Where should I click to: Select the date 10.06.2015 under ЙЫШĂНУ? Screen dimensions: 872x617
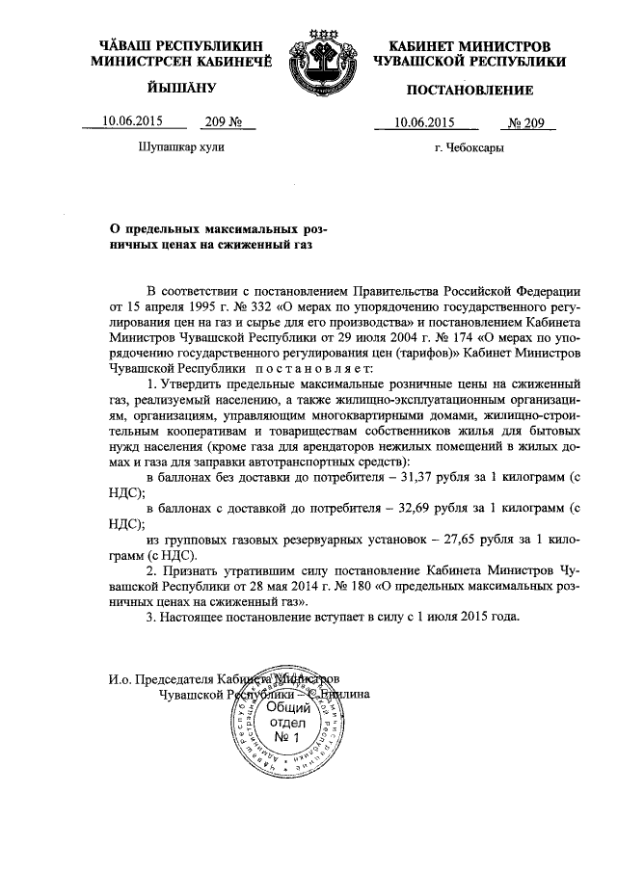(132, 122)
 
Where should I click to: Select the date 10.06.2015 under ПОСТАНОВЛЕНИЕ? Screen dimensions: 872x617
(424, 122)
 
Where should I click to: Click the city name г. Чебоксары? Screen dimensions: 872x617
(469, 148)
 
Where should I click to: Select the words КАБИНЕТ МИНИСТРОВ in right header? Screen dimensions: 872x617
(470, 46)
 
